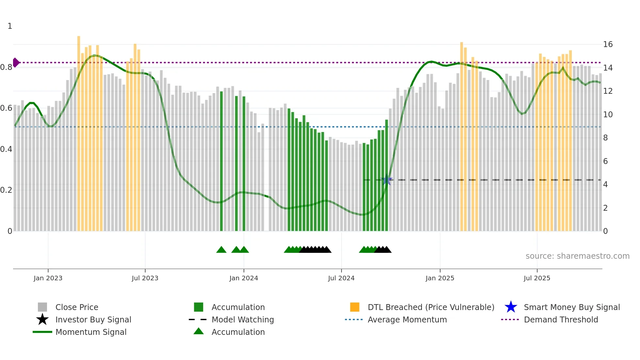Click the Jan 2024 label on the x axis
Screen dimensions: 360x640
tap(244, 278)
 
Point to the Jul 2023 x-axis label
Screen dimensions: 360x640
tap(145, 278)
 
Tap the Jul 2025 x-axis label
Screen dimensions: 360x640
tap(537, 278)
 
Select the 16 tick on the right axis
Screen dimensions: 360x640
tap(608, 44)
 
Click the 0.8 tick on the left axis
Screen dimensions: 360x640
tap(6, 67)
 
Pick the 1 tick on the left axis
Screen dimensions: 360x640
tap(10, 26)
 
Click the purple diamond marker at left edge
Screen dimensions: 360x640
tap(16, 62)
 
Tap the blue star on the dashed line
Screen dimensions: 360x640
tap(387, 180)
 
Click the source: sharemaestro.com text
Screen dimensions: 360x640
tap(577, 256)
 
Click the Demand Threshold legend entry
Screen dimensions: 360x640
tap(561, 319)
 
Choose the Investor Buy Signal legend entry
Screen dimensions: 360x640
tap(93, 319)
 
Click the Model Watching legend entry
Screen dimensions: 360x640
tap(242, 319)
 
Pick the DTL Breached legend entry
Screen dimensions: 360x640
tap(431, 307)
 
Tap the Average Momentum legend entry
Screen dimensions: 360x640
tap(407, 319)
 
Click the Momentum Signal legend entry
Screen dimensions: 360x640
tap(91, 332)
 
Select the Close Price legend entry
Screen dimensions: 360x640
tap(76, 307)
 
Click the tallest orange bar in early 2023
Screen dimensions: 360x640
tap(79, 131)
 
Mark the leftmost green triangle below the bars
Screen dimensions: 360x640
tap(221, 250)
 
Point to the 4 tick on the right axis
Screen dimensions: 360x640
tap(605, 185)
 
